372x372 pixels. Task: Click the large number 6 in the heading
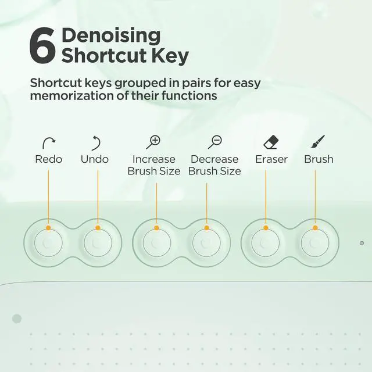(x=42, y=45)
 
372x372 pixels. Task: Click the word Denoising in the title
(x=111, y=36)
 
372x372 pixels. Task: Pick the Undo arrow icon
(x=96, y=143)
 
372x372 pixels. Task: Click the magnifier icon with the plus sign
(x=153, y=142)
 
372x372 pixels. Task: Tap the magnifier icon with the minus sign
(x=214, y=142)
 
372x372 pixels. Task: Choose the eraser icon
(x=271, y=142)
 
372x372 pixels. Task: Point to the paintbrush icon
(x=318, y=141)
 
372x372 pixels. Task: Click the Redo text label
(x=49, y=159)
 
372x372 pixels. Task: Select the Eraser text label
(x=271, y=159)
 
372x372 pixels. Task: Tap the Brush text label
(x=319, y=159)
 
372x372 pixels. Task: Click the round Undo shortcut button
(x=98, y=243)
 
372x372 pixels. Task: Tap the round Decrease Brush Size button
(x=206, y=243)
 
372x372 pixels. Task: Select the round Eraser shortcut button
(x=266, y=243)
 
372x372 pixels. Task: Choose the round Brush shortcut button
(x=315, y=243)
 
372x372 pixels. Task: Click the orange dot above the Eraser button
(x=266, y=228)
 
